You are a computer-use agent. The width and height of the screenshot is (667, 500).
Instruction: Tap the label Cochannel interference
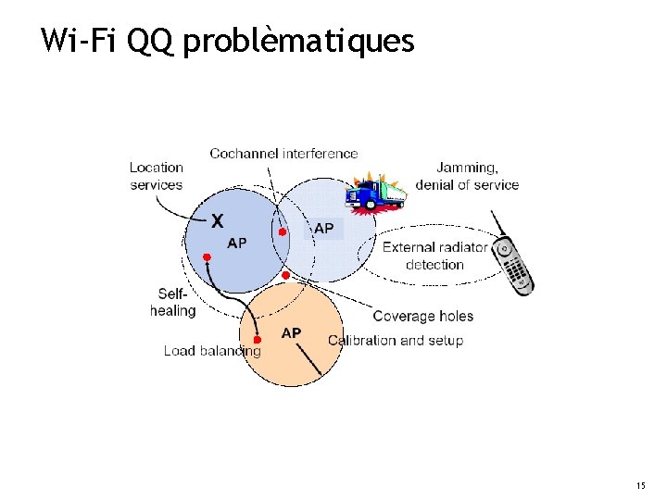(283, 153)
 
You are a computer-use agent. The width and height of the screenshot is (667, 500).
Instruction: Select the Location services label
(156, 176)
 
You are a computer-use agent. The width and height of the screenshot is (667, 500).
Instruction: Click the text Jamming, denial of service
(467, 176)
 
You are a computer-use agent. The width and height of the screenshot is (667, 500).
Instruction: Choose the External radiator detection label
(434, 256)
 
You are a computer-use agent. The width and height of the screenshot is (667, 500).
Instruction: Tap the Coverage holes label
(422, 316)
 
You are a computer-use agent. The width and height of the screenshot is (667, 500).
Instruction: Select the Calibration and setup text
(396, 340)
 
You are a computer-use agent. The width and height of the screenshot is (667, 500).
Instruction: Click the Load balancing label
(211, 351)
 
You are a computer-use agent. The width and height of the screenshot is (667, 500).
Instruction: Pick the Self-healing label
(173, 303)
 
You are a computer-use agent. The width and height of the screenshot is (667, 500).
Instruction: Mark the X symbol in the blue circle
(217, 221)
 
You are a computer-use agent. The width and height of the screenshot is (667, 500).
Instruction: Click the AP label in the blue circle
(237, 243)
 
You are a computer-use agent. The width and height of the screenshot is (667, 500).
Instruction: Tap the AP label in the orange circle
(291, 332)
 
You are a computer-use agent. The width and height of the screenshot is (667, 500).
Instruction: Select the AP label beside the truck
(324, 227)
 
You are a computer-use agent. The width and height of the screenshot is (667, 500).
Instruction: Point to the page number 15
(641, 485)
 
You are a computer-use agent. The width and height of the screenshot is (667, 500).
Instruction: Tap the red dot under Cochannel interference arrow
(283, 231)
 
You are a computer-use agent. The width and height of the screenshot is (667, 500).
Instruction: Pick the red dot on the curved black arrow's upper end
(208, 256)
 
